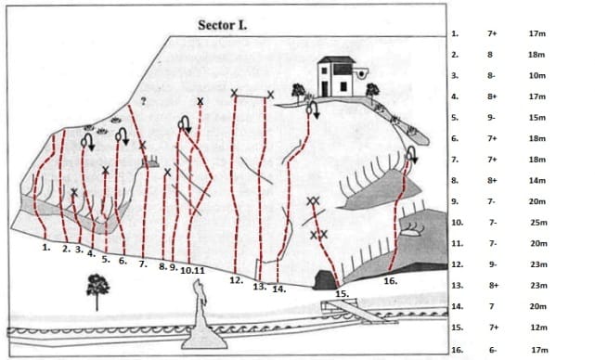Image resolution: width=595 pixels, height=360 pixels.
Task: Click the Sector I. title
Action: [x=223, y=25]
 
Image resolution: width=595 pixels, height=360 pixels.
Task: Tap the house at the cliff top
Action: [x=337, y=77]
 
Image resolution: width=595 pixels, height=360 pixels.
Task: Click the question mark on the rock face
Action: [x=143, y=101]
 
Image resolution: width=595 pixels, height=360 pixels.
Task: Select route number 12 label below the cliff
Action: [x=236, y=280]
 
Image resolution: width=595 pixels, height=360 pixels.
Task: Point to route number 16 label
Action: [x=391, y=281]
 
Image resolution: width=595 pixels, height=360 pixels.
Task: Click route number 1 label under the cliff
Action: [x=46, y=248]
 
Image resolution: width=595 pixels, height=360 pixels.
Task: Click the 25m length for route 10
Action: [x=538, y=223]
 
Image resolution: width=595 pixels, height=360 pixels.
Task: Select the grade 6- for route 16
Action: [x=493, y=350]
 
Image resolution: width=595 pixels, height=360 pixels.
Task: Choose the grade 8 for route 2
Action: [x=490, y=55]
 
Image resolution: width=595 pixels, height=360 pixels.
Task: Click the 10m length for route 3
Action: [x=537, y=75]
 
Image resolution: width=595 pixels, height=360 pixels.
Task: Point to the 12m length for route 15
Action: [x=538, y=328]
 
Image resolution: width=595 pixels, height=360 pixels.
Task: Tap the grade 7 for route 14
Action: [x=492, y=306]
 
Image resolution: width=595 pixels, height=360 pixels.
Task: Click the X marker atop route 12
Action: [x=234, y=93]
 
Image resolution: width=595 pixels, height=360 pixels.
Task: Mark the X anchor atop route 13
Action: [x=270, y=95]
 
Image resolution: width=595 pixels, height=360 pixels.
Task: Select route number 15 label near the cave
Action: [x=342, y=293]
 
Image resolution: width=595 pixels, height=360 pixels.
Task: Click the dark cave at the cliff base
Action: [x=325, y=280]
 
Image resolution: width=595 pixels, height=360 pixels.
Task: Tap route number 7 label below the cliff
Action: [x=143, y=264]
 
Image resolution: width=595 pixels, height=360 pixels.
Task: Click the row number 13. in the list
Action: [x=458, y=285]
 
